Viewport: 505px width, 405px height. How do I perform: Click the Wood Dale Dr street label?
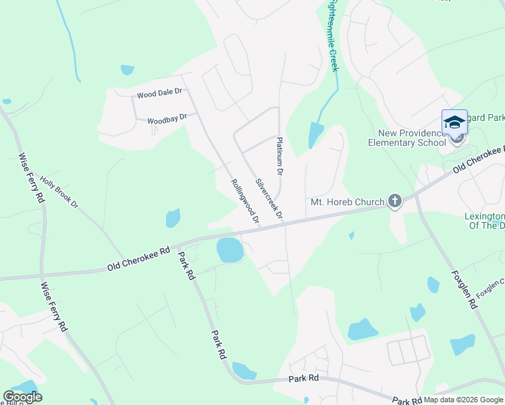click(x=159, y=93)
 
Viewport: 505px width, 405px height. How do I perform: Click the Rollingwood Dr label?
click(x=245, y=200)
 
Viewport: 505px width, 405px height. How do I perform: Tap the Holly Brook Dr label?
click(x=59, y=191)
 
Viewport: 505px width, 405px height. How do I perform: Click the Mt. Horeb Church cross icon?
click(x=395, y=201)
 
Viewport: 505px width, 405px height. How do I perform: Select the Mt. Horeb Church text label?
click(x=347, y=201)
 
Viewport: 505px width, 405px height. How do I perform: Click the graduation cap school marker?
click(x=454, y=123)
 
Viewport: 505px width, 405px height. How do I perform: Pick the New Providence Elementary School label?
click(x=407, y=138)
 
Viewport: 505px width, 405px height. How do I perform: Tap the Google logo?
click(x=22, y=397)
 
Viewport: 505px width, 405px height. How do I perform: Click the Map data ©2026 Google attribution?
click(x=463, y=400)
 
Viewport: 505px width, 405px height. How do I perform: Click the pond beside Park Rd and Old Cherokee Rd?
click(x=230, y=250)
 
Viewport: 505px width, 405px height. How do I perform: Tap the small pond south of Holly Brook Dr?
click(x=174, y=218)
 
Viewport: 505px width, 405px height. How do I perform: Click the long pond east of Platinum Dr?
click(x=315, y=134)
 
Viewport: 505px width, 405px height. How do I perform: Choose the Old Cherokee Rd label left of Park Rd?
click(x=138, y=259)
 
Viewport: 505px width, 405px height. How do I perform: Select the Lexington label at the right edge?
click(x=484, y=217)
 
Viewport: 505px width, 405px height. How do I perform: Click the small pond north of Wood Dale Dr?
click(x=127, y=70)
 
